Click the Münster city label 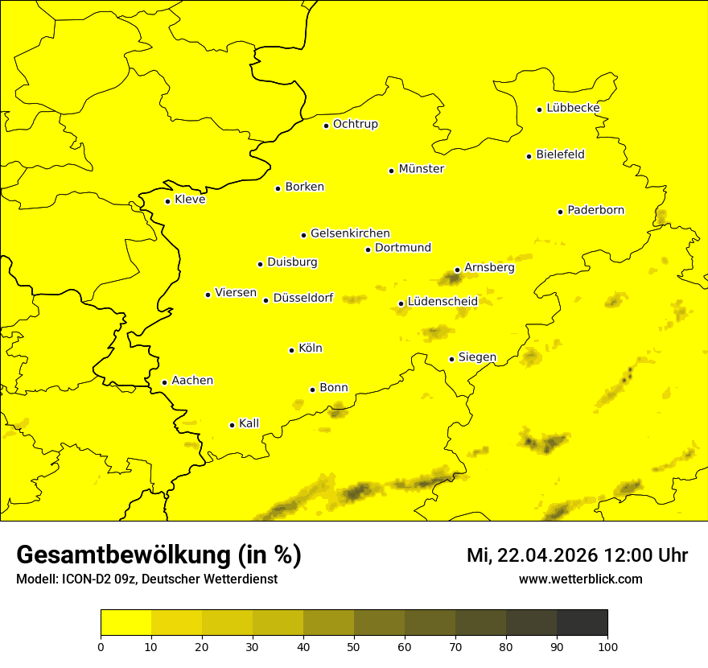(422, 169)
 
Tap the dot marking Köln (291, 350)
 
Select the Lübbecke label (573, 108)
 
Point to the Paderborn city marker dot (560, 212)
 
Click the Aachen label (192, 380)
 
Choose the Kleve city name (190, 199)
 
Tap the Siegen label (477, 357)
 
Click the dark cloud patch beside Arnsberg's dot (449, 279)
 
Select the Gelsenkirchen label (350, 233)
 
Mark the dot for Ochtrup (326, 126)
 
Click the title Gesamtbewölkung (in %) (158, 555)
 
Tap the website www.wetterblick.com (580, 579)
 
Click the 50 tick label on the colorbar (354, 646)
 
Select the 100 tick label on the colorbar (607, 646)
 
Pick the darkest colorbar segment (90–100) (582, 622)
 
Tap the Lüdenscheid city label (442, 302)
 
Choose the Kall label (249, 423)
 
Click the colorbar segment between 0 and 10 (126, 622)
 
